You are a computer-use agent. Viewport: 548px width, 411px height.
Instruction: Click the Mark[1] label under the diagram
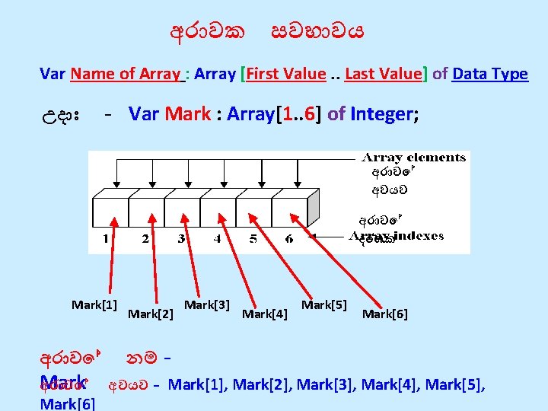(94, 305)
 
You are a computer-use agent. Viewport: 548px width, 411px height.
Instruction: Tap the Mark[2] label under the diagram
(151, 313)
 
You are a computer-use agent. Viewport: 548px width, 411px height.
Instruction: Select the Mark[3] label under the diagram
(207, 305)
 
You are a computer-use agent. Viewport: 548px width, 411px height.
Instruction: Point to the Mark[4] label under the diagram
(264, 313)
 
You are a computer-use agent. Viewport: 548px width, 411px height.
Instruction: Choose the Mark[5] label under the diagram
(324, 305)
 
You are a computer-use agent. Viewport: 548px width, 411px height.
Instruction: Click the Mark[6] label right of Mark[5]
(385, 313)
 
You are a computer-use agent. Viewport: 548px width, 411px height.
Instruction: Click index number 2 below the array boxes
(145, 239)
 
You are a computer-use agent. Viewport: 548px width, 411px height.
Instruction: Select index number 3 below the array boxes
(181, 239)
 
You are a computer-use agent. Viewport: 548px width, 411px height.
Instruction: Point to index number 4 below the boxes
(217, 239)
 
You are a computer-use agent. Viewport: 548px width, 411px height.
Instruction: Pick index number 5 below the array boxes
(253, 239)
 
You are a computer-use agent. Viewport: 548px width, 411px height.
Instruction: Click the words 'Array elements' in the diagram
(413, 158)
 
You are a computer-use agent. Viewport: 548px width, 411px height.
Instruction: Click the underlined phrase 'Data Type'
(489, 74)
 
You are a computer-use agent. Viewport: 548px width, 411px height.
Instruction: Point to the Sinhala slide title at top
(267, 32)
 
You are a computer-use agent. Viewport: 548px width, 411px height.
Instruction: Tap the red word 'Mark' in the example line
(187, 114)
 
